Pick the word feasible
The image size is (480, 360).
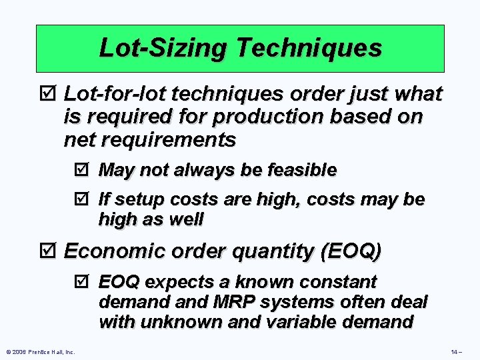302,170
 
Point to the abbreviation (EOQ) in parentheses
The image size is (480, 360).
351,251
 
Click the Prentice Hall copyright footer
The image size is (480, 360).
40,351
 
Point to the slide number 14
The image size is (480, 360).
456,351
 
